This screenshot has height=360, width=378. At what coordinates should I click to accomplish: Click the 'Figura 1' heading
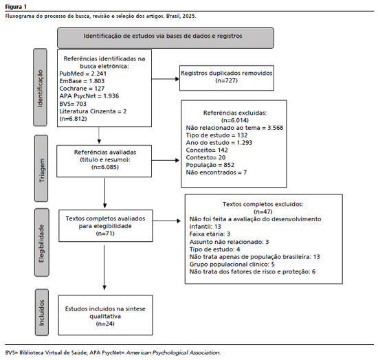(16, 7)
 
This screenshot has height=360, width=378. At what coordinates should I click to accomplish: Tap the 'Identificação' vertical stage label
(40, 88)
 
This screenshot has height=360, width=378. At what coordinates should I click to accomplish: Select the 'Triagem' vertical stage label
(42, 170)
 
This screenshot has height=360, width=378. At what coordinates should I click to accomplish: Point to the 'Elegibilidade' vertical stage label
(41, 244)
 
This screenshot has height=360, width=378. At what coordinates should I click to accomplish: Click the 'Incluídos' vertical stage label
(42, 313)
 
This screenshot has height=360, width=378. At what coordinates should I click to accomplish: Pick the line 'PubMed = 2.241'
(83, 74)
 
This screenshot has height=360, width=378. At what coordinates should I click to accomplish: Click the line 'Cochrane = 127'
(82, 89)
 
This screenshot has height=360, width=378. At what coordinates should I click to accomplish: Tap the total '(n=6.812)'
(73, 119)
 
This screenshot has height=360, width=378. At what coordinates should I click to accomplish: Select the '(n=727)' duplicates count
(227, 80)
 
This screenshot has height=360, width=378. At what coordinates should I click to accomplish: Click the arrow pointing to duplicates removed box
(166, 79)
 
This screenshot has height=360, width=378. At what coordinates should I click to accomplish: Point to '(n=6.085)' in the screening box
(105, 167)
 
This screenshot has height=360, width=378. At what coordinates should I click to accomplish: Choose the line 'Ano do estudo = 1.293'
(219, 143)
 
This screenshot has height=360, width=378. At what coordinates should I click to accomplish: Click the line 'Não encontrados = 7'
(216, 172)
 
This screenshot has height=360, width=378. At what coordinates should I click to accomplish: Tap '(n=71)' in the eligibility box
(105, 234)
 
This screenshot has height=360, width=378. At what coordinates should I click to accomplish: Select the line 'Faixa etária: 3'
(210, 234)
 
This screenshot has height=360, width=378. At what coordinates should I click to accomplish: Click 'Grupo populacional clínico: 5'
(232, 265)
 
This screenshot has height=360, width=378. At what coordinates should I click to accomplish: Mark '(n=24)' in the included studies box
(105, 324)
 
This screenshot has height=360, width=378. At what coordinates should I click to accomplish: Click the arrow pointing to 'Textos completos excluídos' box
(166, 221)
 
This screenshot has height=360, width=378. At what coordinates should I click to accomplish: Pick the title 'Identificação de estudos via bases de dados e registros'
(163, 36)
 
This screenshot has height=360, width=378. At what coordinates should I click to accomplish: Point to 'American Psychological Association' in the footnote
(173, 352)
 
